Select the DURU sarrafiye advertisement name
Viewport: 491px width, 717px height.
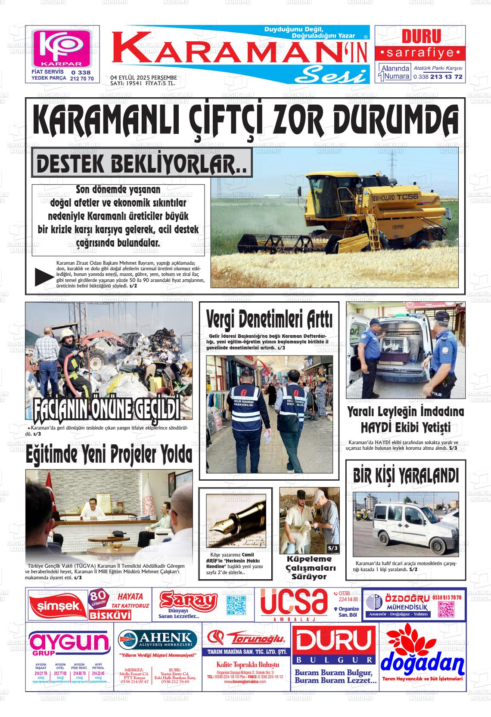click(x=421, y=36)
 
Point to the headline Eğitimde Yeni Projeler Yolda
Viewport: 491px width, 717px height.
click(x=109, y=454)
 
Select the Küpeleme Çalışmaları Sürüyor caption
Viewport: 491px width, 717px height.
click(x=309, y=568)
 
